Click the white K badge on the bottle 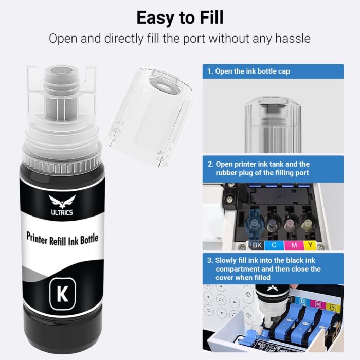[x=62, y=295]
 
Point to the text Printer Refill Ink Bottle [x=62, y=237]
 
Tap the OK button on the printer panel [x=221, y=299]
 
